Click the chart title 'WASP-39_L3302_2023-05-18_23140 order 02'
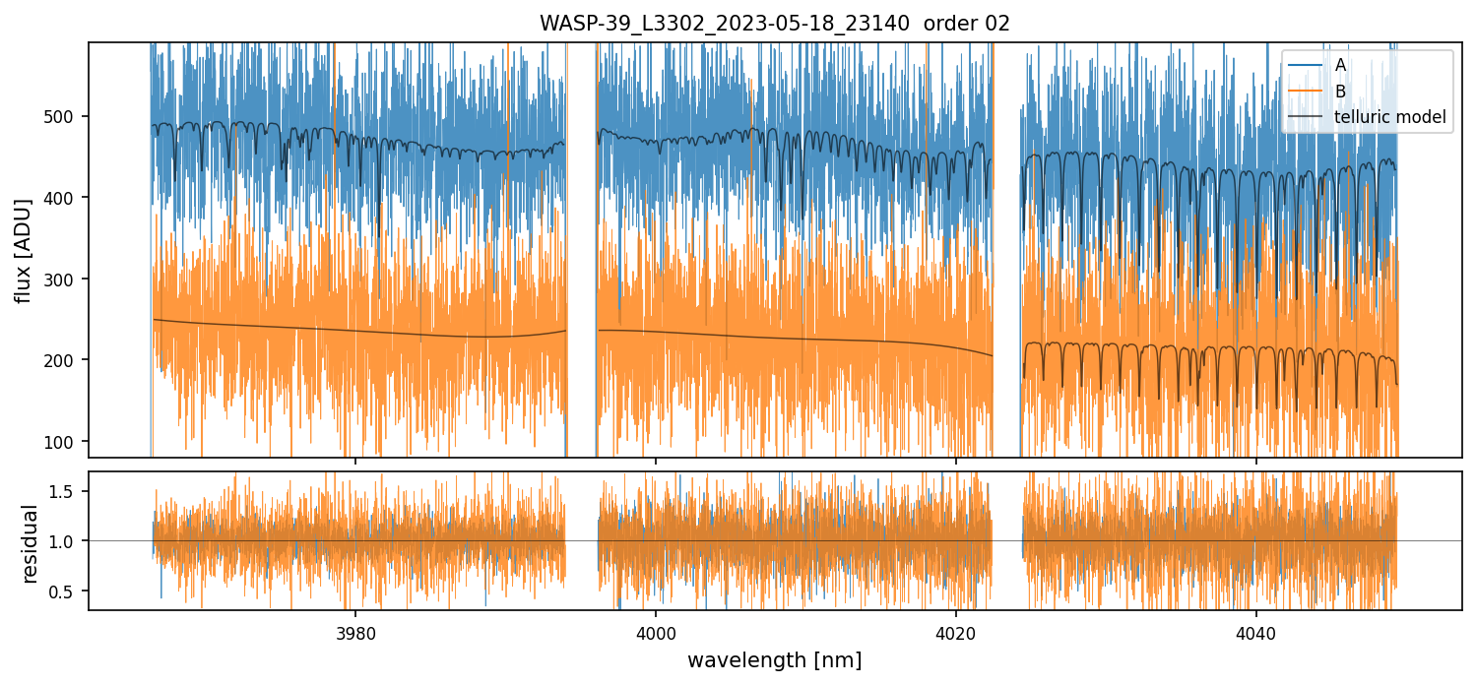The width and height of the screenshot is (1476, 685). (774, 24)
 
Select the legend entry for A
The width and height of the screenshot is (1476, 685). (1340, 66)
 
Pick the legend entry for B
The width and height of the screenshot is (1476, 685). (1340, 92)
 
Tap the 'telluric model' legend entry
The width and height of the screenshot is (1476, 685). (1389, 117)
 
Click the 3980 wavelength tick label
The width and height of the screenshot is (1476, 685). (355, 632)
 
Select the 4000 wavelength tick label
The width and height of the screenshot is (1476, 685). (656, 632)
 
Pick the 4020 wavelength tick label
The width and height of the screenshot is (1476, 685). (956, 632)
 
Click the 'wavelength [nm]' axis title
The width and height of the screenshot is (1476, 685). (774, 659)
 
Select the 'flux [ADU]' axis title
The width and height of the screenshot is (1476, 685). (24, 250)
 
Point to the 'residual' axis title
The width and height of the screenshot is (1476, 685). (30, 543)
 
